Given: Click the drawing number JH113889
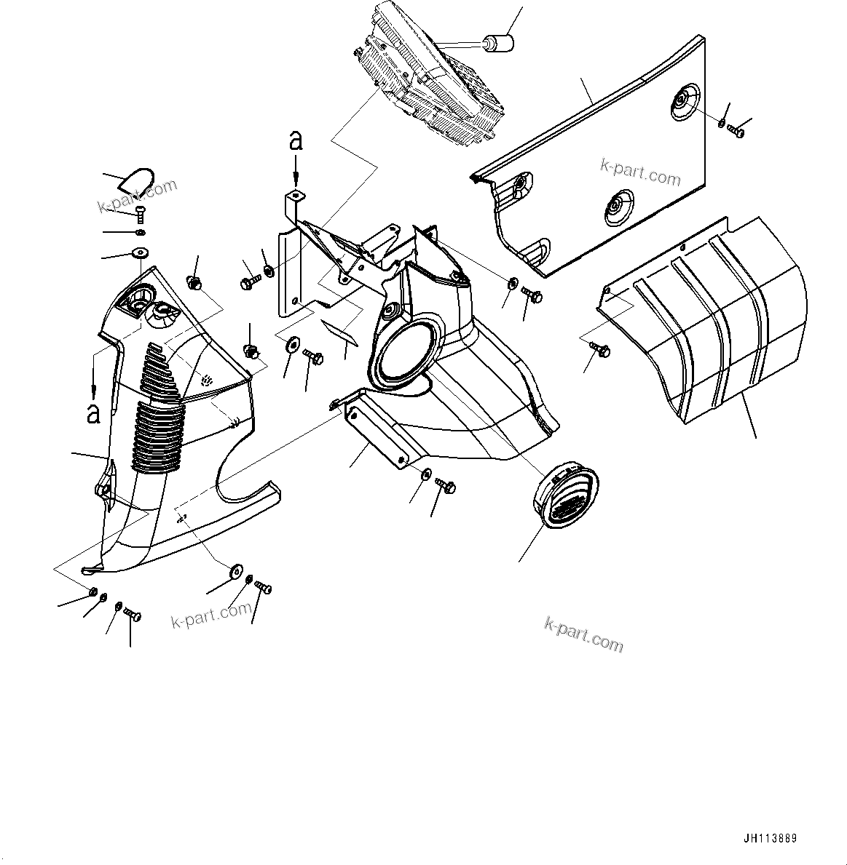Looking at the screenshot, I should tap(770, 838).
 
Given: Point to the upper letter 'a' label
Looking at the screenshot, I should tap(296, 140).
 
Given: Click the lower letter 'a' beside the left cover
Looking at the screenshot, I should tap(93, 412).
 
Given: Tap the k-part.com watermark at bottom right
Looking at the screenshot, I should tap(583, 634).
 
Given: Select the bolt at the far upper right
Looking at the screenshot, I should tap(736, 132).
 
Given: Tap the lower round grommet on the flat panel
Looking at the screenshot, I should tap(618, 205).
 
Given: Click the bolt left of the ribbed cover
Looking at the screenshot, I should tap(602, 350).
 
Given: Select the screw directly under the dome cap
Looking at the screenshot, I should tap(140, 213).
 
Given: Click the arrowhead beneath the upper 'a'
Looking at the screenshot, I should tap(296, 180).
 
